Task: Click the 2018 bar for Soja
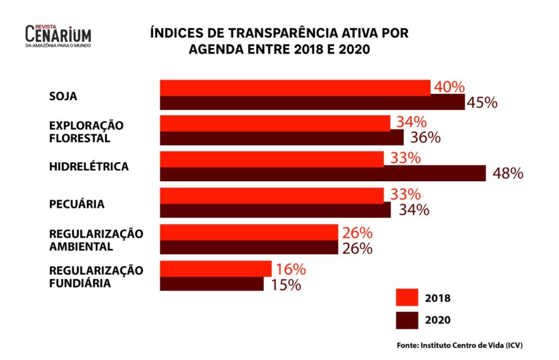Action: (295, 87)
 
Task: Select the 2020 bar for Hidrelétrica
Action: (322, 174)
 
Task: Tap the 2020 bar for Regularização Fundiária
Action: (212, 284)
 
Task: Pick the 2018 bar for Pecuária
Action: (271, 195)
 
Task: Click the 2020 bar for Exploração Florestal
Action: (281, 138)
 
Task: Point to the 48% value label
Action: (508, 174)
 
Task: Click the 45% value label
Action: (481, 102)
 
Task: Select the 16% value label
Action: (290, 269)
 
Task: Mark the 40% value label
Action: (449, 87)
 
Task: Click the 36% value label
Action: (424, 138)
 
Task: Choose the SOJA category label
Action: (63, 96)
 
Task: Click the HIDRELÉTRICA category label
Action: (89, 167)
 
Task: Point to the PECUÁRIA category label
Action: (76, 204)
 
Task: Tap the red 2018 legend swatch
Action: (407, 298)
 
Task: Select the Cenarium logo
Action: (58, 36)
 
